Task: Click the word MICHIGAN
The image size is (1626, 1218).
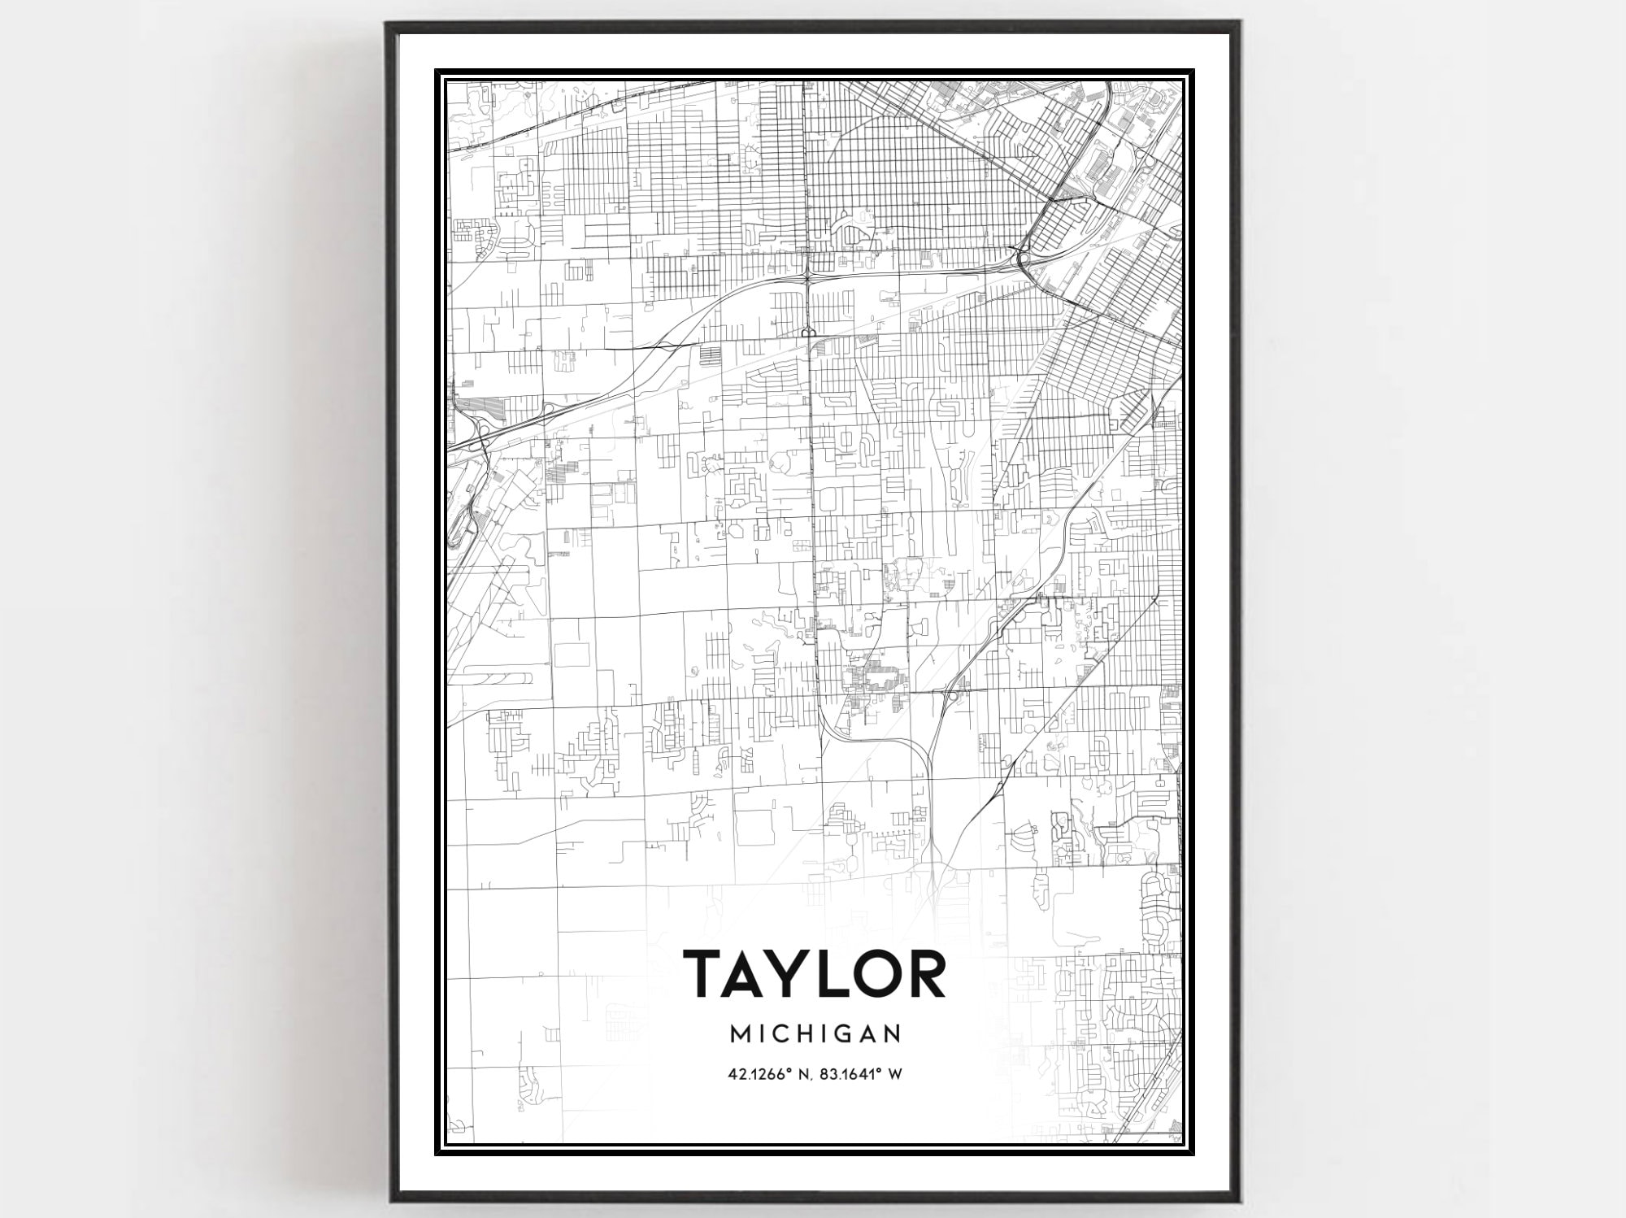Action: coord(815,1034)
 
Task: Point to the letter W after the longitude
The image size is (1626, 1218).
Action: coord(895,1074)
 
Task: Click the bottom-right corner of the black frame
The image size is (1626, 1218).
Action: coord(1238,1201)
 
